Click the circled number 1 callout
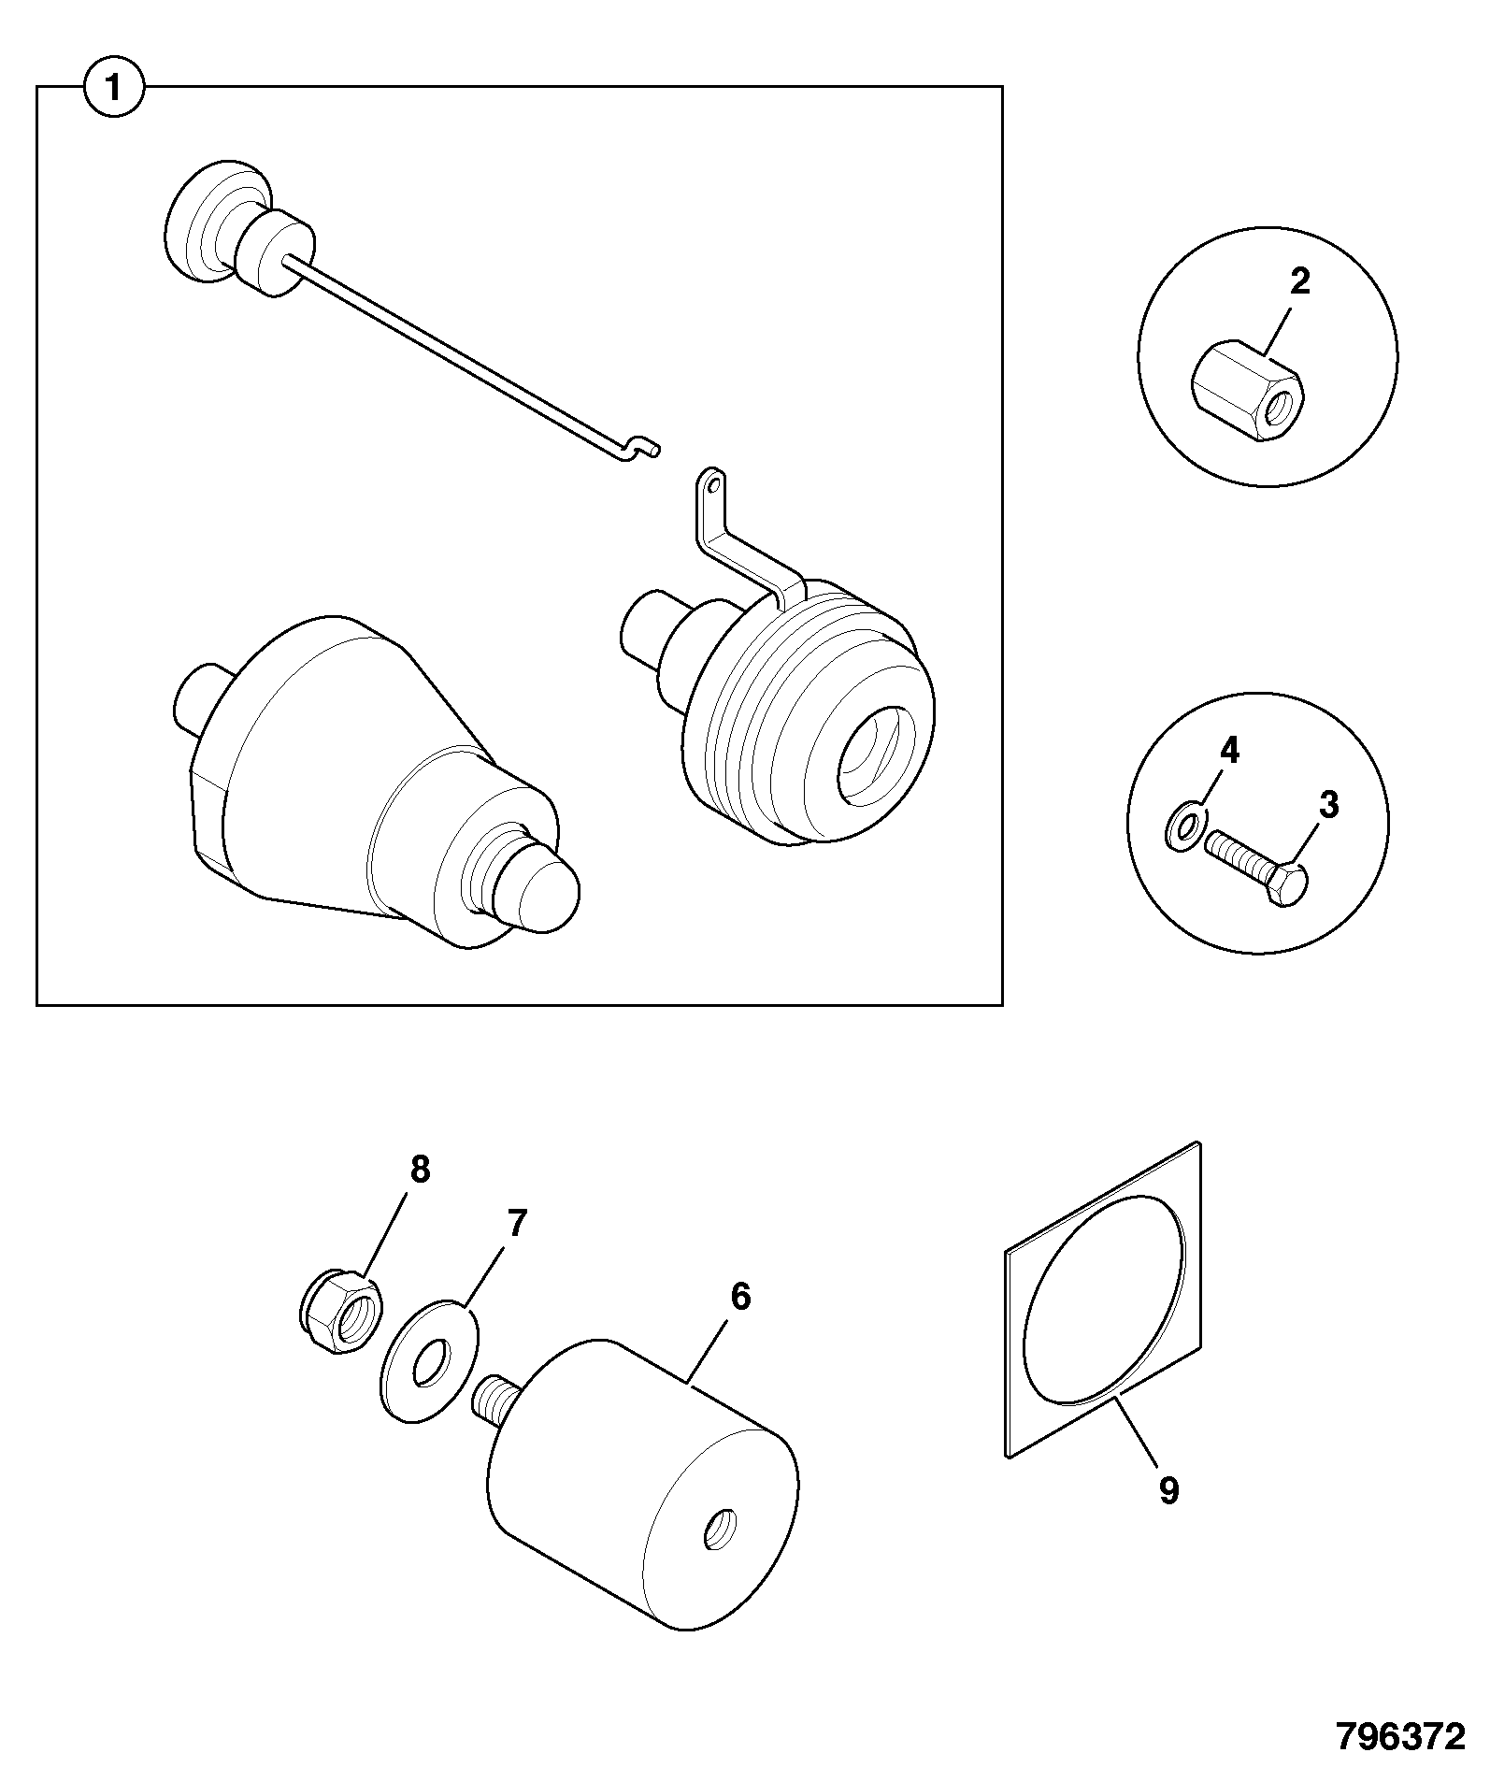[114, 89]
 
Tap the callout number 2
[1300, 281]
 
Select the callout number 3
[1328, 805]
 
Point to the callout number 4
[1229, 749]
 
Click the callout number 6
[740, 1297]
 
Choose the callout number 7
[516, 1223]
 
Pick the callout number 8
[420, 1169]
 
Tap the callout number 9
[1168, 1490]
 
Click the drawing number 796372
[1399, 1736]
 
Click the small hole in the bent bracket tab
[713, 485]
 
